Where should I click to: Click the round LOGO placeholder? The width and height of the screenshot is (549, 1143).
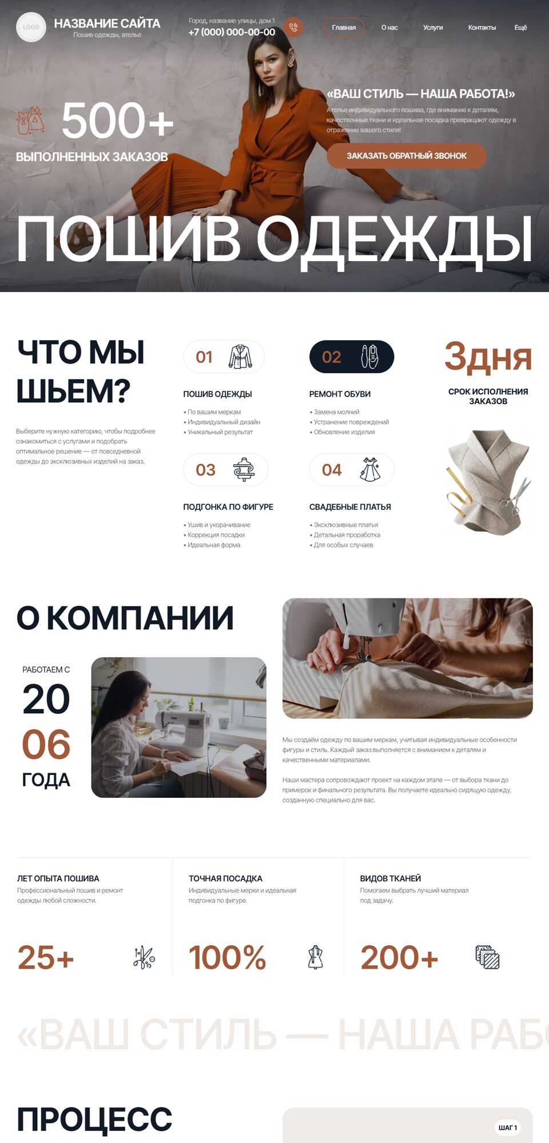[31, 27]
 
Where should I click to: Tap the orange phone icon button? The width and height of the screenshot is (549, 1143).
[293, 27]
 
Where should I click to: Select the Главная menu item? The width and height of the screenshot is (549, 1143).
[344, 27]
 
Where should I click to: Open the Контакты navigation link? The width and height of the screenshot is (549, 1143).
[482, 27]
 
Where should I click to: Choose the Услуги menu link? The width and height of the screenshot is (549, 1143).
[433, 27]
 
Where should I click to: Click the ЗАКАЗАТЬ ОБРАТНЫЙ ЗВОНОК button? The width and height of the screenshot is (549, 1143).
[407, 155]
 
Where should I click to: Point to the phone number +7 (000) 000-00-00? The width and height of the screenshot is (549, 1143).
[232, 32]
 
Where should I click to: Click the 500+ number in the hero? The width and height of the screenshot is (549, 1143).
[117, 120]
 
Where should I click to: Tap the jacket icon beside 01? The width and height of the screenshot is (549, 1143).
[240, 357]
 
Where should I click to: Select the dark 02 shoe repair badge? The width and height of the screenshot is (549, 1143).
[352, 357]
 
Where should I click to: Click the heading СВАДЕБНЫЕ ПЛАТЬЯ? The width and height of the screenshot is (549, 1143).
[350, 507]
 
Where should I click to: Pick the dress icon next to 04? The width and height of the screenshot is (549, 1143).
[369, 469]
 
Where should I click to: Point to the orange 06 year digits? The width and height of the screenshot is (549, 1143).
[46, 745]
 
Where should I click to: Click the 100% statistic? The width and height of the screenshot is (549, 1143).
[228, 957]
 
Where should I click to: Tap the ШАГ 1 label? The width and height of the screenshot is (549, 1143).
[508, 1128]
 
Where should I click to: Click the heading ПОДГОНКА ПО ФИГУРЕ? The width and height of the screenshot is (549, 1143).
[228, 507]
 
